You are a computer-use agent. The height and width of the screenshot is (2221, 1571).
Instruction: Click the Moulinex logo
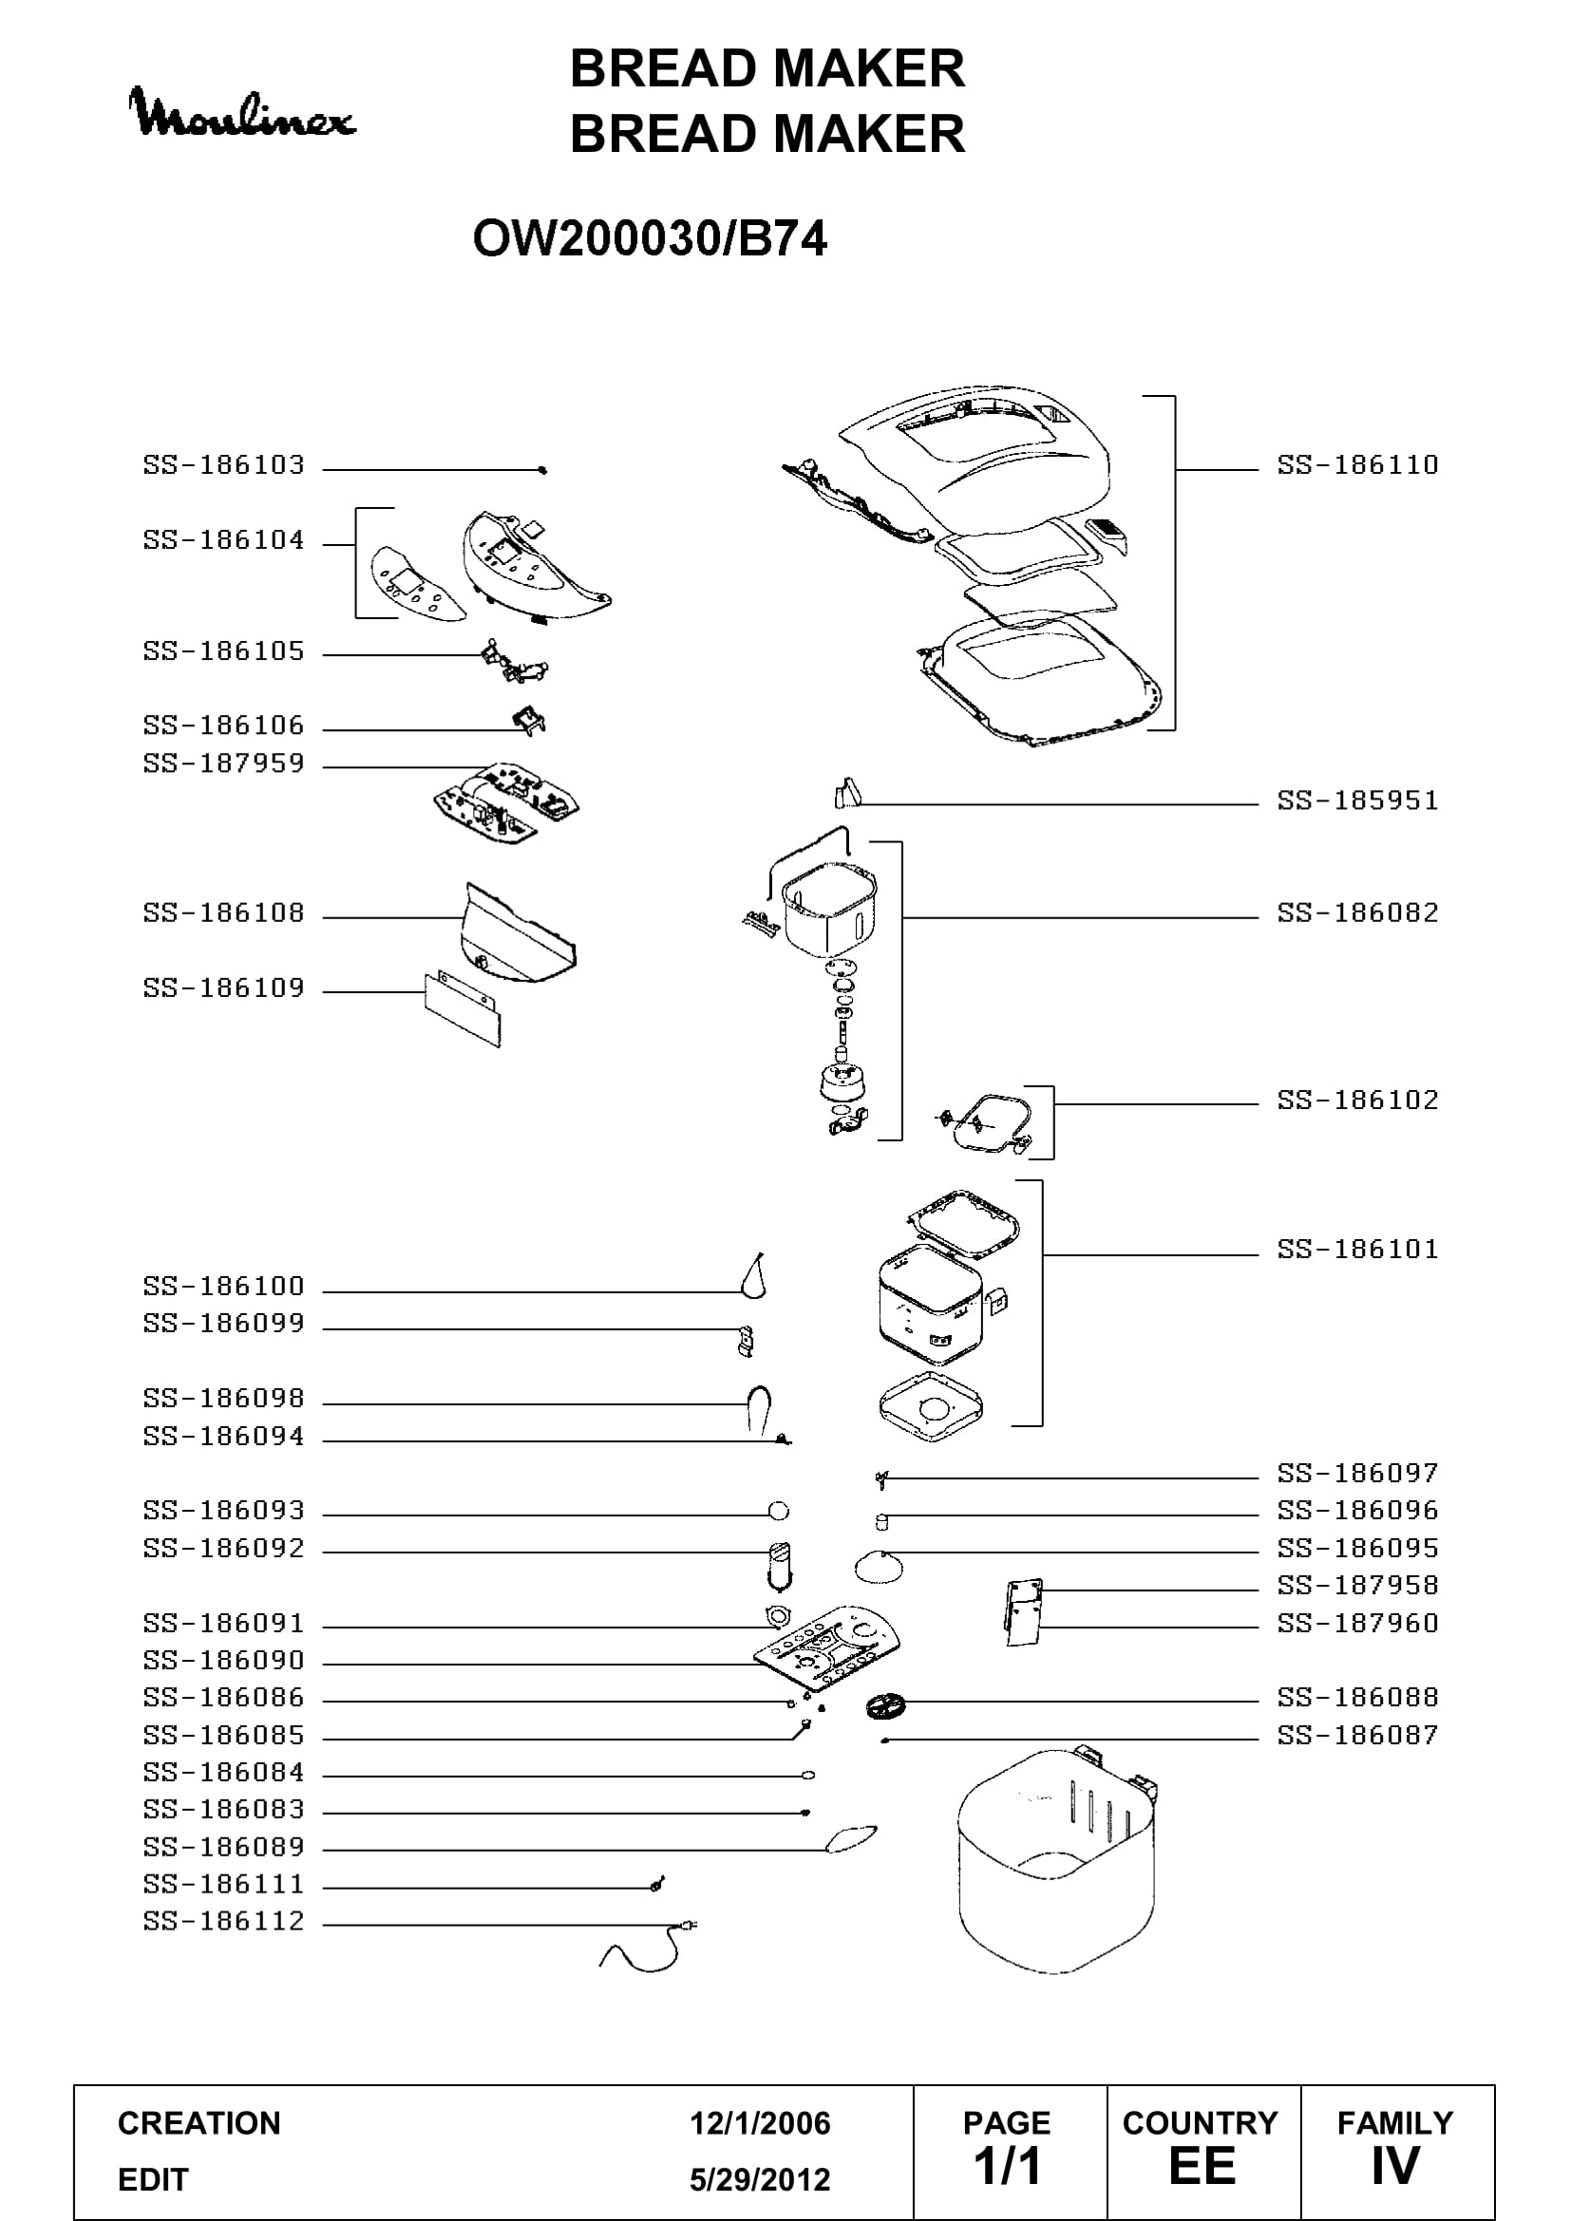[x=243, y=112]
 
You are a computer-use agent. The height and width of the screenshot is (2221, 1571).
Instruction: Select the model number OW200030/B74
[x=650, y=239]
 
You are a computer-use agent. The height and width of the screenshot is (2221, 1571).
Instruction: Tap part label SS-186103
[x=223, y=465]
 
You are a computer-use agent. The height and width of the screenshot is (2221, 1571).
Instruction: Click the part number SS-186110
[x=1357, y=465]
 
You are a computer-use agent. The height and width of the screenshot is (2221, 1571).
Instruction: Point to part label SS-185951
[x=1357, y=801]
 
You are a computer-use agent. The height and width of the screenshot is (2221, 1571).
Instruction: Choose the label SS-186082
[x=1357, y=913]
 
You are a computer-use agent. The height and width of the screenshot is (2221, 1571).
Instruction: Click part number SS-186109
[x=223, y=988]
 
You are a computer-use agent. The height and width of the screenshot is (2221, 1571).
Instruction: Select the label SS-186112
[x=223, y=1921]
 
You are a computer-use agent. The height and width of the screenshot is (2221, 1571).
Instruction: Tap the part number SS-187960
[x=1357, y=1623]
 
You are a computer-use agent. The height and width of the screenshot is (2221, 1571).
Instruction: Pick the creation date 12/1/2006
[x=760, y=2123]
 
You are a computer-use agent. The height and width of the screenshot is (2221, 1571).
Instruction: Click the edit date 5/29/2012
[x=760, y=2179]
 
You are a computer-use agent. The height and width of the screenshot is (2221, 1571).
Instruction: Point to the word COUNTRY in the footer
[x=1200, y=2123]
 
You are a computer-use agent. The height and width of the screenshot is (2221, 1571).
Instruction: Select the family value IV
[x=1395, y=2165]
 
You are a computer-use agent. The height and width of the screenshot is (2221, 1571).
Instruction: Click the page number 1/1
[x=1007, y=2165]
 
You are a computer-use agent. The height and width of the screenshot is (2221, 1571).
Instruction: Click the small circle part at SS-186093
[x=778, y=1511]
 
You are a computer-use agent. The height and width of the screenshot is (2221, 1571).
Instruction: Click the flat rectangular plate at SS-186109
[x=464, y=1011]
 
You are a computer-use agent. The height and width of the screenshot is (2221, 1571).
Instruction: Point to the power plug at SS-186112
[x=689, y=1925]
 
